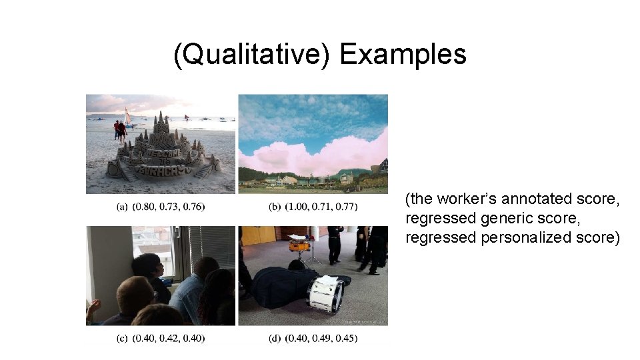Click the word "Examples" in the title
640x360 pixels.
(403, 55)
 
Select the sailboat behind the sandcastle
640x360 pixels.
(128, 118)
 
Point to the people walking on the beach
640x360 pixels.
(119, 130)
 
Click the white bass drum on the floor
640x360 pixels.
(325, 294)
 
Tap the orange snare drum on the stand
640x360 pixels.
(299, 246)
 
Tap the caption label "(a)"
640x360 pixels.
(122, 207)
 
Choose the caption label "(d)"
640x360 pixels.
(275, 339)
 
